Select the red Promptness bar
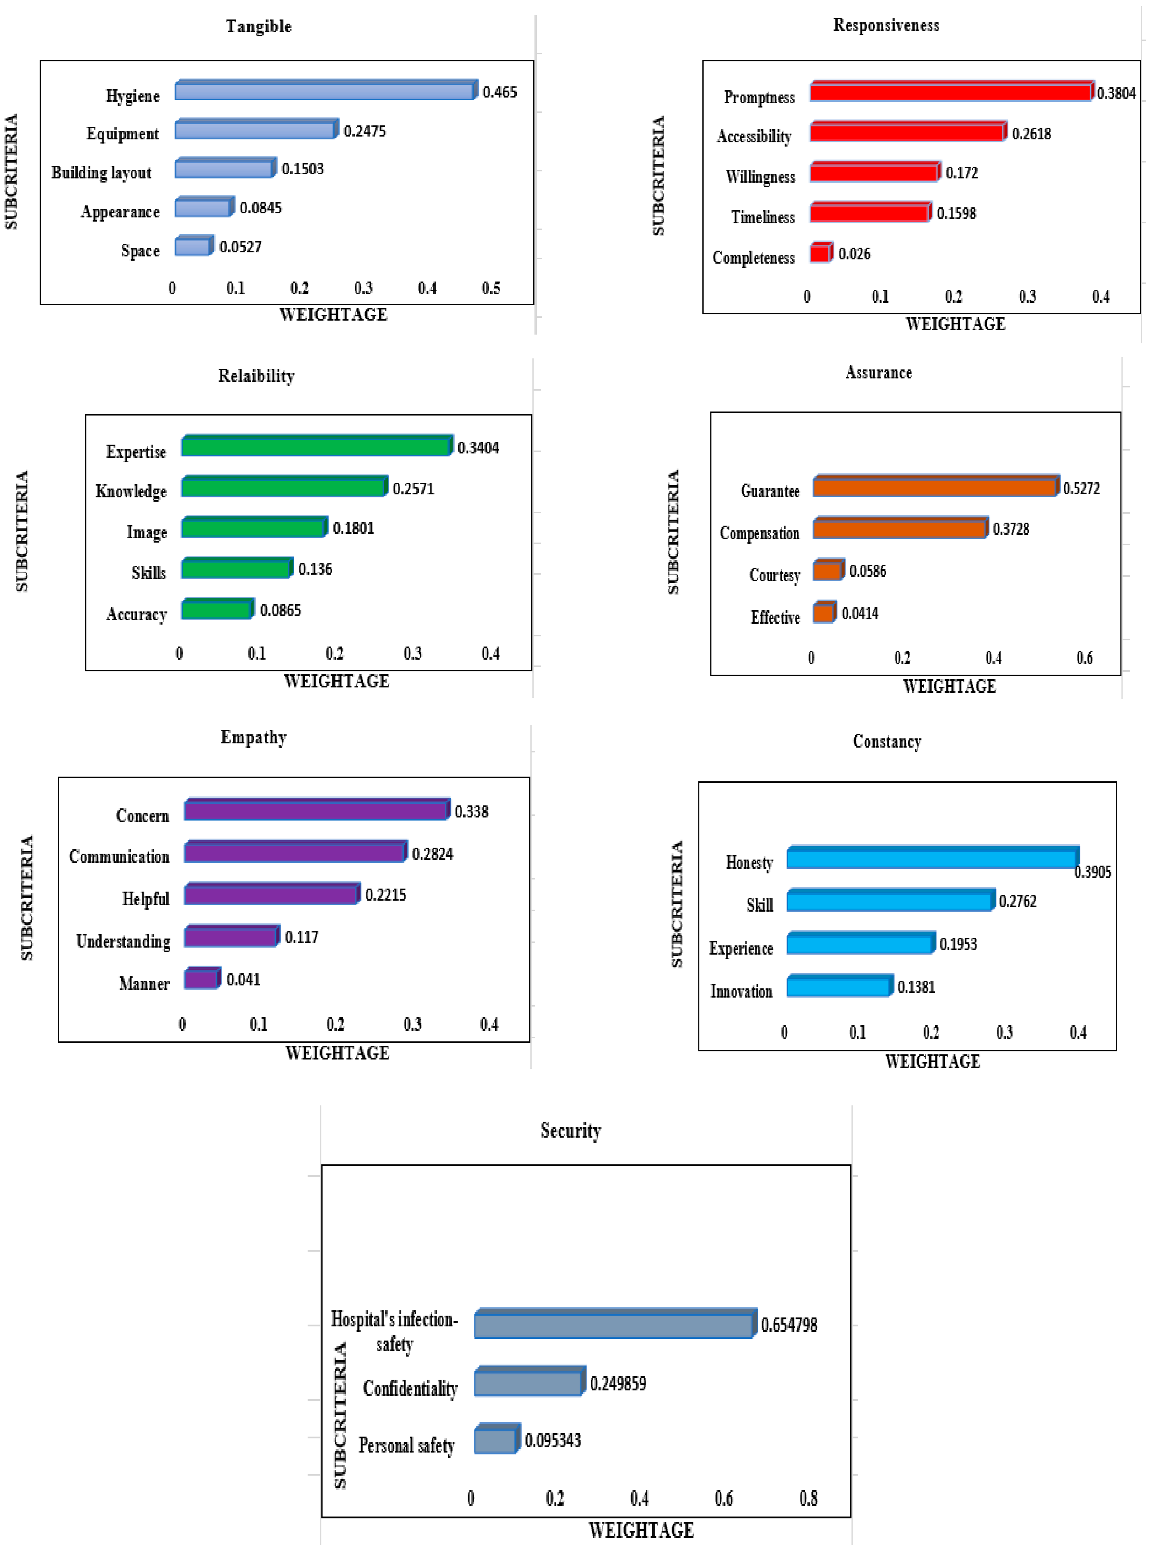click(x=951, y=92)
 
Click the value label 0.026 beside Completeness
click(x=854, y=254)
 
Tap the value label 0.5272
click(x=1081, y=488)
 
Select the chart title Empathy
click(x=253, y=737)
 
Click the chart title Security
click(x=570, y=1130)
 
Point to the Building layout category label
click(x=101, y=173)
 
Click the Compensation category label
click(x=759, y=533)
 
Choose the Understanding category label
click(x=123, y=941)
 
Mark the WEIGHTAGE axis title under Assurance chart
click(x=949, y=686)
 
